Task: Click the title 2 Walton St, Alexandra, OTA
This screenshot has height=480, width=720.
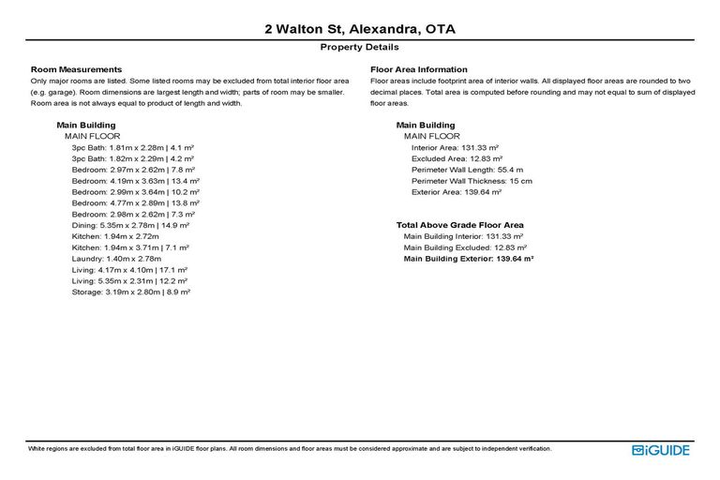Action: [360, 29]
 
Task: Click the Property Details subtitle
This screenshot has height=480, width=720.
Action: [360, 47]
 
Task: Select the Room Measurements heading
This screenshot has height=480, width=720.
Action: [76, 69]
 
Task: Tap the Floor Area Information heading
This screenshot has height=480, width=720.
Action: [419, 69]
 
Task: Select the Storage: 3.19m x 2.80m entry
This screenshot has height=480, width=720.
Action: [131, 292]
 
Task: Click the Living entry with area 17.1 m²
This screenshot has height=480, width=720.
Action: [129, 270]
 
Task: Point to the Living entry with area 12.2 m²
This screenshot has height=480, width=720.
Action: [129, 281]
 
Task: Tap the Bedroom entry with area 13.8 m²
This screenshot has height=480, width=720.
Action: [135, 202]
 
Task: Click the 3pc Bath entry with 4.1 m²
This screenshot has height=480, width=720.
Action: [132, 147]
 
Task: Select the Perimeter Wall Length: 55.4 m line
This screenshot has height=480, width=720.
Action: [466, 170]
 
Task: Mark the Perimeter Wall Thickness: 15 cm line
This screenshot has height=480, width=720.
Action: [472, 181]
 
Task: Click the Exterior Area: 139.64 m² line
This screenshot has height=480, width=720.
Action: [457, 192]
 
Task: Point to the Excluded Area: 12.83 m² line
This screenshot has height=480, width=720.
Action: [457, 158]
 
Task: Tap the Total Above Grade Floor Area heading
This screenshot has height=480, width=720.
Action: [459, 225]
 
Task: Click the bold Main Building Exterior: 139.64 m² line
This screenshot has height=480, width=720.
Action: [469, 259]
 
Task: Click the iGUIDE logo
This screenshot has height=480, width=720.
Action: [661, 451]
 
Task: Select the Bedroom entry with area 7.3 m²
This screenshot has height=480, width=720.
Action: [131, 214]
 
